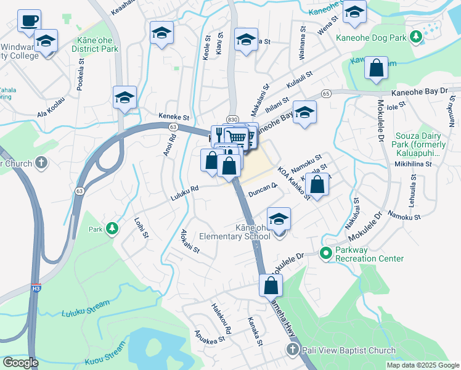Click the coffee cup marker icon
click(x=29, y=22)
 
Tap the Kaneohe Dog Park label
click(x=372, y=37)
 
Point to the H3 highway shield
click(x=36, y=288)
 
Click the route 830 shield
click(x=232, y=119)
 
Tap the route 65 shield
click(x=326, y=93)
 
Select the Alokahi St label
click(x=190, y=242)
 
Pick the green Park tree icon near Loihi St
click(x=112, y=229)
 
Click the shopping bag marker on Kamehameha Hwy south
click(x=271, y=286)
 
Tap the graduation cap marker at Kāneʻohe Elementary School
click(x=279, y=219)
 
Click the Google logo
click(x=20, y=363)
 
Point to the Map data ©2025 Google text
click(x=422, y=365)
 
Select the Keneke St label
click(x=173, y=117)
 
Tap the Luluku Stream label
click(x=81, y=313)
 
